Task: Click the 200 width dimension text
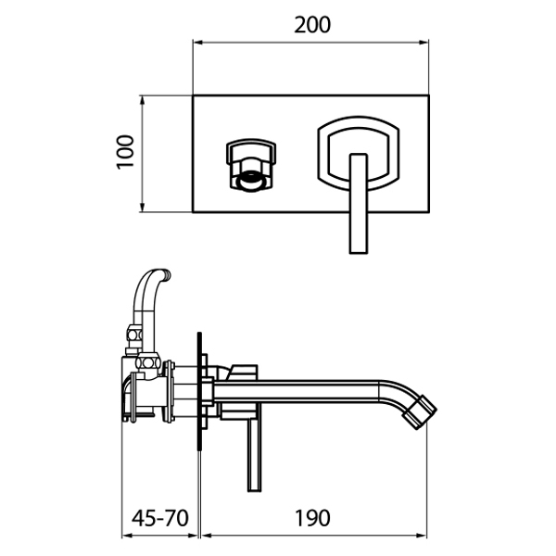point(312,25)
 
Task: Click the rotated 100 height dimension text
point(125,152)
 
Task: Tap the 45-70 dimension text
point(159,518)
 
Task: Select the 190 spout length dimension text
point(312,518)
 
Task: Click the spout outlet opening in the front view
point(251,181)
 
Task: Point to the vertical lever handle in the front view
point(358,204)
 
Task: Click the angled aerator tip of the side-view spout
point(420,412)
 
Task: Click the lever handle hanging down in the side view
point(254,456)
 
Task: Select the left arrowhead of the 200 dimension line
point(197,43)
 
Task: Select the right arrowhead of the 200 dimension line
point(423,43)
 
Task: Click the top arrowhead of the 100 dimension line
point(142,101)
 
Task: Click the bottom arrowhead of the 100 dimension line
point(142,207)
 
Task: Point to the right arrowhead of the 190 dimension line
point(422,536)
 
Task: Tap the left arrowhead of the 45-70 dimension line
point(127,536)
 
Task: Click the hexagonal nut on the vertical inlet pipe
point(134,335)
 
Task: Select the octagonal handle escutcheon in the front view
point(358,154)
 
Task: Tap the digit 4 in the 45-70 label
point(137,518)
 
